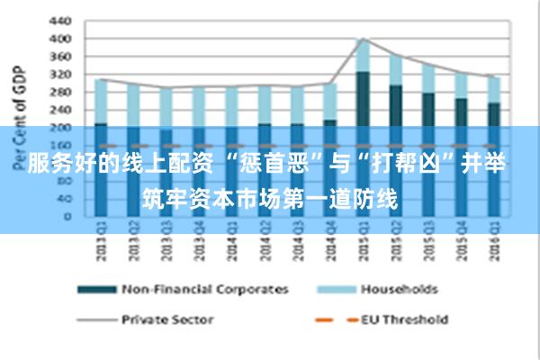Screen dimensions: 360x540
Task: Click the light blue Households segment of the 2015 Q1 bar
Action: [x=362, y=56]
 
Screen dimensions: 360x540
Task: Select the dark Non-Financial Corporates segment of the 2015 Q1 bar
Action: [x=362, y=99]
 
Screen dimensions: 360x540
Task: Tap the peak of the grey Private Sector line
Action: [x=362, y=39]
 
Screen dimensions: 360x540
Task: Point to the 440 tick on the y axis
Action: [x=58, y=21]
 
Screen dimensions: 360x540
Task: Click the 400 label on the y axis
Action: [x=58, y=39]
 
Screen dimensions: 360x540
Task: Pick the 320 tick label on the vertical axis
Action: [x=58, y=74]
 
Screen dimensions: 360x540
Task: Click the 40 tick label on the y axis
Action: [x=62, y=199]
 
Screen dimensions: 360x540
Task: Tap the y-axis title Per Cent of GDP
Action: [x=17, y=118]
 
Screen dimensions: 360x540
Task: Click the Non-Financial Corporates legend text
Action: [x=205, y=290]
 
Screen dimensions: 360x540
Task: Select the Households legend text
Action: [x=399, y=290]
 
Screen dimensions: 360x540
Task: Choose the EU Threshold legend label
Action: [x=404, y=319]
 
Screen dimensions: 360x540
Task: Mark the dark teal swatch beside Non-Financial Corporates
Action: [x=96, y=290]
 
